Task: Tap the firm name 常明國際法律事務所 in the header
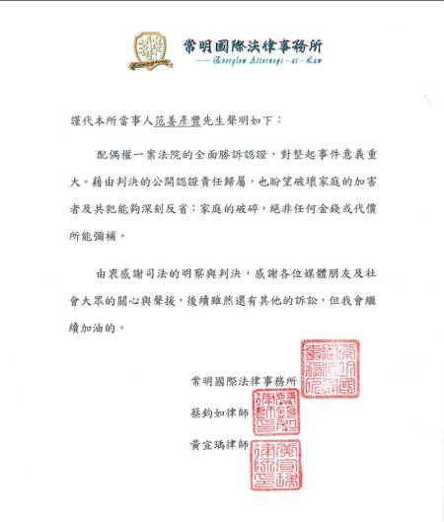[254, 45]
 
